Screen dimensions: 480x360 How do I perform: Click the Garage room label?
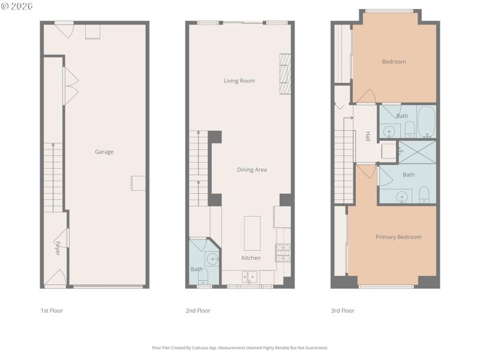104,152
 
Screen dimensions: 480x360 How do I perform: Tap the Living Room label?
239,80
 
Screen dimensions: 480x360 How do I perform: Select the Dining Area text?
252,170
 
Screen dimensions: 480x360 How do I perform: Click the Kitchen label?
251,257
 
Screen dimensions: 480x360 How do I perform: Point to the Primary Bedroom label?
398,237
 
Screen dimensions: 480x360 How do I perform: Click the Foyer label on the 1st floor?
58,248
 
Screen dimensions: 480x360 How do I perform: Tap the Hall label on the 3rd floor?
367,137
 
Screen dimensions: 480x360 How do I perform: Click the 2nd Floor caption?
198,311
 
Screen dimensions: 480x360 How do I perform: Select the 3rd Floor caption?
343,311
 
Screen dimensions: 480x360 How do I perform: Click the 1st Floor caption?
52,311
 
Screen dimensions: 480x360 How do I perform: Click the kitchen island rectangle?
252,233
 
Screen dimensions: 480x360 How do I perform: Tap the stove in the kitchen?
282,253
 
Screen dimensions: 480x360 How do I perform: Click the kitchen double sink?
250,277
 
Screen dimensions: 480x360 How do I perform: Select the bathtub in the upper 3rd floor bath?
427,122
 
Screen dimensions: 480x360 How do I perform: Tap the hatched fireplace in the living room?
285,74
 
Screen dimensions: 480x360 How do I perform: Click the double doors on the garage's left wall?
71,83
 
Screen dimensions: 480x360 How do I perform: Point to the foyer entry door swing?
56,278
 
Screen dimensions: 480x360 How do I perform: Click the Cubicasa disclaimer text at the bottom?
240,347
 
